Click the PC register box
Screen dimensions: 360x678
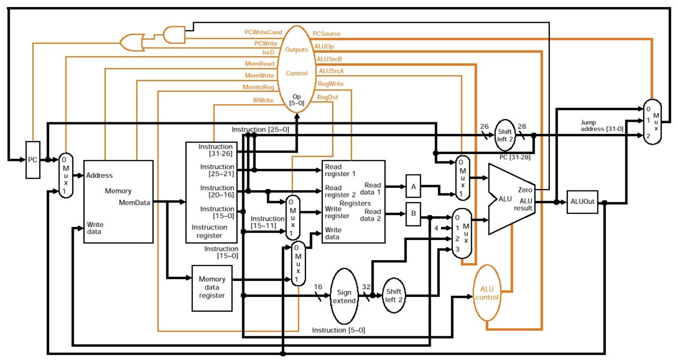[33, 160]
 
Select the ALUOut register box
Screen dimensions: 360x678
[582, 202]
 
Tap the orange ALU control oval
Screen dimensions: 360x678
[487, 293]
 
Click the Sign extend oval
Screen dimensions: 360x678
[344, 296]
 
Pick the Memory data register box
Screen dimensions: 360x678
[212, 288]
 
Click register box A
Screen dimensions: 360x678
[413, 186]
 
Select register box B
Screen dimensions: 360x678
[413, 213]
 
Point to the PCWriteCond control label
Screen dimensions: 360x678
[263, 32]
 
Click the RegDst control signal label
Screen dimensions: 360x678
[327, 97]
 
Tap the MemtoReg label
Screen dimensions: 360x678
[258, 87]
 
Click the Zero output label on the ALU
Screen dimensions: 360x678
[525, 190]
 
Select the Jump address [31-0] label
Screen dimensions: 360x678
[602, 125]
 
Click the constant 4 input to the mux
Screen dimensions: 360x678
[436, 228]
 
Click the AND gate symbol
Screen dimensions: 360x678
[174, 35]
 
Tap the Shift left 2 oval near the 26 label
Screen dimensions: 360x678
[505, 135]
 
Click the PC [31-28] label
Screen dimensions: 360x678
[515, 157]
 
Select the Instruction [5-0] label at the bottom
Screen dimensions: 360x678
[338, 330]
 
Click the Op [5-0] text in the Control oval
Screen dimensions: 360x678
[297, 100]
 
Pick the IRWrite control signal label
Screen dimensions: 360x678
[263, 100]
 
